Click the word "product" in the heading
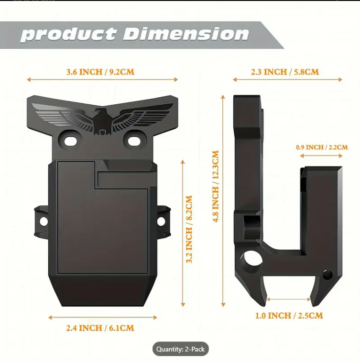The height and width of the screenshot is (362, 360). pos(68,34)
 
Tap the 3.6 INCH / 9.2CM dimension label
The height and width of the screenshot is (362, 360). pos(100,72)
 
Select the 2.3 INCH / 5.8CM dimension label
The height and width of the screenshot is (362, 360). pos(285,72)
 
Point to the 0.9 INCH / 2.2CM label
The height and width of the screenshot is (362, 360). pos(322,147)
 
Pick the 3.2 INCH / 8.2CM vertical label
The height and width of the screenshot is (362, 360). pos(189,229)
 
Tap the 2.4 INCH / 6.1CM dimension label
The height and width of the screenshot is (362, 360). pos(100,328)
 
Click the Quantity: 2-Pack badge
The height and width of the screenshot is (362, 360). pos(180,350)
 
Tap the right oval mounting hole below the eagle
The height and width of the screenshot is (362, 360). pos(133,141)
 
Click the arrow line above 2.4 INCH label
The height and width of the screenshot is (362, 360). pos(103,317)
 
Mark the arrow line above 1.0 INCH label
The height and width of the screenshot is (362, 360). pos(288,299)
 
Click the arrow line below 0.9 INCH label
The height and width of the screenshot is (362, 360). pos(319,156)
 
